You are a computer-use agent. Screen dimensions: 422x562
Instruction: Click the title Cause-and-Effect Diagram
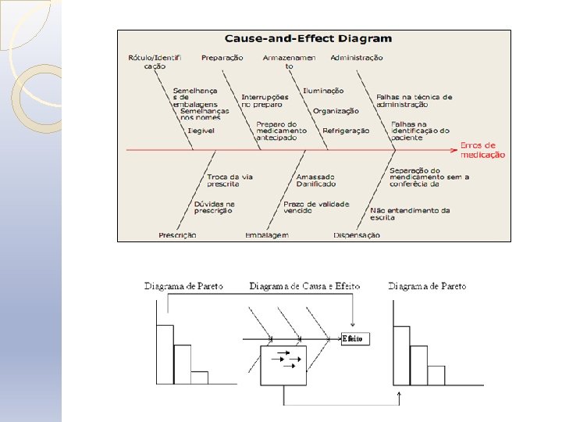point(308,38)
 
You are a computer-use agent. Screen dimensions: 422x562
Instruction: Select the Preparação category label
point(222,58)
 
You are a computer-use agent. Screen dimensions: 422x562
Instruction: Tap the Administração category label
point(357,58)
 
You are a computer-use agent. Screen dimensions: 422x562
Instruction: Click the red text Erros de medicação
point(482,150)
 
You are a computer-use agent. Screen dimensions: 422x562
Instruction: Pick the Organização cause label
point(336,111)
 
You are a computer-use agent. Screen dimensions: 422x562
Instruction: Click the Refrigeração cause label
point(346,131)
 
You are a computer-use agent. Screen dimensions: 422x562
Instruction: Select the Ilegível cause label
point(201,131)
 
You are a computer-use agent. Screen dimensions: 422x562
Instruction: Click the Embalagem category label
point(266,235)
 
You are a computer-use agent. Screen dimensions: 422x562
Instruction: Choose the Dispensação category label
point(357,235)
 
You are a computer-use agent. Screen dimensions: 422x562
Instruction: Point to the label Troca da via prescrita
point(230,181)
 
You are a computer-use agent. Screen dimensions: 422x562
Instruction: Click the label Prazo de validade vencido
point(316,208)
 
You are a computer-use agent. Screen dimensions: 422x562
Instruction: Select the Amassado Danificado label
point(316,181)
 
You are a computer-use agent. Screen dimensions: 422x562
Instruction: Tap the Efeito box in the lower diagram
point(354,338)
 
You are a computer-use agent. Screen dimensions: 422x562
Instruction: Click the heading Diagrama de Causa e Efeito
point(304,287)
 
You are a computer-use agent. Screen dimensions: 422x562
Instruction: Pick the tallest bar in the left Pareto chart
point(165,354)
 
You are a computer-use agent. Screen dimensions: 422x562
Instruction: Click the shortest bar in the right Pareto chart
point(436,375)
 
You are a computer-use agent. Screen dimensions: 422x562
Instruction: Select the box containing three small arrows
point(283,365)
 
